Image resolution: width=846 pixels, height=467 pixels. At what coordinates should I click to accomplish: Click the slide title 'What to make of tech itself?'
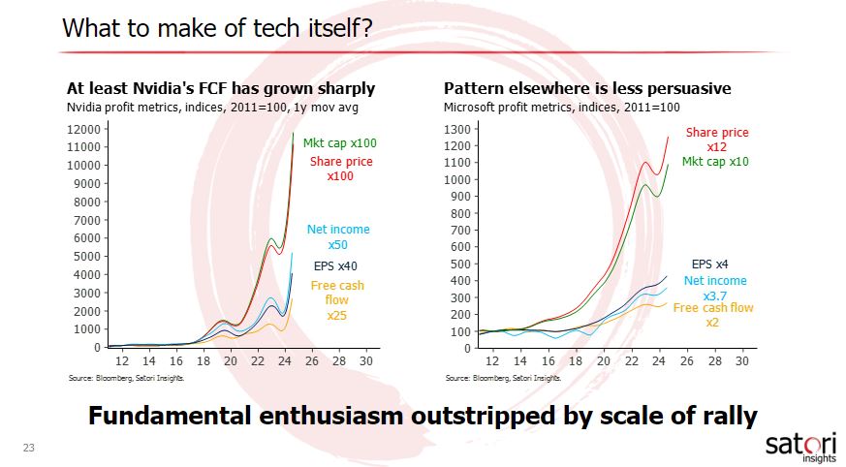(219, 28)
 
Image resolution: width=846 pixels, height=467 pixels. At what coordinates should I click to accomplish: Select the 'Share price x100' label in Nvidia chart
(340, 170)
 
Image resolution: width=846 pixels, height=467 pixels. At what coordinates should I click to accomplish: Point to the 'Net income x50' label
(338, 237)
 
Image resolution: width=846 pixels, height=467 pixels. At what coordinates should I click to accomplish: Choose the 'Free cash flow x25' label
(336, 300)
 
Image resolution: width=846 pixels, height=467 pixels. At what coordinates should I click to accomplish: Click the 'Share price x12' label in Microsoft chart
(717, 140)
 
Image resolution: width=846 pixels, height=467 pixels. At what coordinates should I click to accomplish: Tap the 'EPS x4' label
(709, 264)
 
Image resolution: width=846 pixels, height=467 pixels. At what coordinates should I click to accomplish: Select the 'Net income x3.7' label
(715, 288)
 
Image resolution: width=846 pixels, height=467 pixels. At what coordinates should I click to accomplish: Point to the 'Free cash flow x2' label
(713, 315)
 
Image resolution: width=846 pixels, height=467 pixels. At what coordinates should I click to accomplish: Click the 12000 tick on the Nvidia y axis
(84, 129)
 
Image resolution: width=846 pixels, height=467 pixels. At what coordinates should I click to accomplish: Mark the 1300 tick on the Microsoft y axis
(456, 129)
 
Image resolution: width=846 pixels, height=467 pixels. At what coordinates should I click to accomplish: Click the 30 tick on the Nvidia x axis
(366, 360)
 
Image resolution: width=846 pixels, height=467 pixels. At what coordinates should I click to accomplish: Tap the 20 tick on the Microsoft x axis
(602, 360)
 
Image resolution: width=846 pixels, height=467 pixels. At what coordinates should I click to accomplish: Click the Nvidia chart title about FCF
(220, 89)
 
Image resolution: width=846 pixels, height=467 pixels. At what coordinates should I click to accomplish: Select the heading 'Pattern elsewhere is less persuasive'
(587, 89)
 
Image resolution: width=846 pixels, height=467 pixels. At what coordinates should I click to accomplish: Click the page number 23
(28, 448)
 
